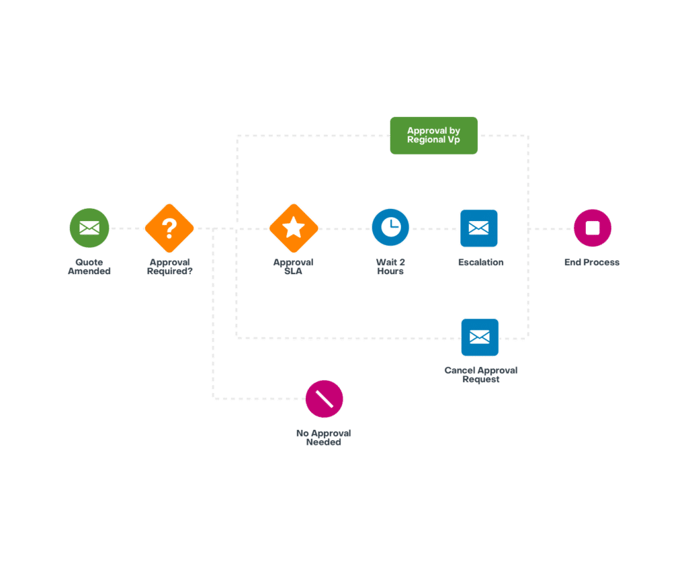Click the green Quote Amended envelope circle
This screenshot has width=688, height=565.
click(x=89, y=228)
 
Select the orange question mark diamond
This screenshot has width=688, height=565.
click(x=169, y=228)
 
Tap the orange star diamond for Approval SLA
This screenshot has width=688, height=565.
click(x=294, y=228)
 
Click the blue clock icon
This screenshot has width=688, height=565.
click(x=390, y=228)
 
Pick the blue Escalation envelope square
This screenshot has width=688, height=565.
click(x=479, y=228)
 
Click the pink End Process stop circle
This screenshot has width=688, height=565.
click(x=592, y=228)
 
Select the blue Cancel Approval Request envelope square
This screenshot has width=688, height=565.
click(x=480, y=337)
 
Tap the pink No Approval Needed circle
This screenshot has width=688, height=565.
click(x=325, y=399)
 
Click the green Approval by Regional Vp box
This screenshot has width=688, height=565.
click(x=434, y=136)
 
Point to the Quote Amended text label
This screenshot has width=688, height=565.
click(x=89, y=267)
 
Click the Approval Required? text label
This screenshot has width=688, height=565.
click(x=169, y=267)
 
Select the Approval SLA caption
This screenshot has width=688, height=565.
click(x=294, y=267)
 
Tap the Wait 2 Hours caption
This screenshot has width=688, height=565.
click(x=390, y=267)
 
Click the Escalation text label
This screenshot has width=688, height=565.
click(x=480, y=263)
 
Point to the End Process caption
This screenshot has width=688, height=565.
click(x=592, y=263)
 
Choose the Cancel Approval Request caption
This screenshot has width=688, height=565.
click(x=481, y=375)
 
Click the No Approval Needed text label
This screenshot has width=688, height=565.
click(x=324, y=438)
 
